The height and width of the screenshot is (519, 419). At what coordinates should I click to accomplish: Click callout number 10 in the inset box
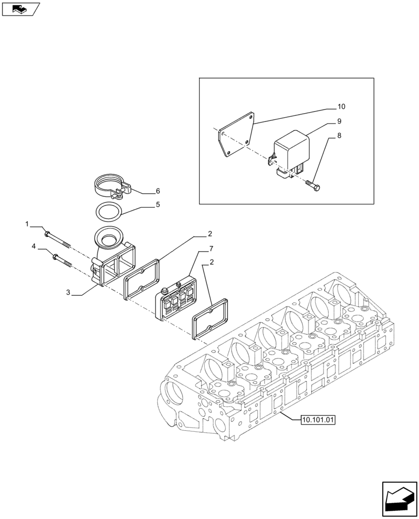pos(341,107)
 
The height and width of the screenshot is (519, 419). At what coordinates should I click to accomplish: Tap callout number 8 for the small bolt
pos(339,136)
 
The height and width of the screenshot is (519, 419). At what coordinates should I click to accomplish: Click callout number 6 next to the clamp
pos(158,191)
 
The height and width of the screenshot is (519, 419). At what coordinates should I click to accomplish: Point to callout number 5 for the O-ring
pos(158,204)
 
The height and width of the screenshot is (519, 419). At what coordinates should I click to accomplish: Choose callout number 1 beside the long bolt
pos(26,224)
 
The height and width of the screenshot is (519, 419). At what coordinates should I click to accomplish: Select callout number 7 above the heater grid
pos(211,249)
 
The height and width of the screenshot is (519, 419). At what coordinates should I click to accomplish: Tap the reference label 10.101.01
pos(318,419)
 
